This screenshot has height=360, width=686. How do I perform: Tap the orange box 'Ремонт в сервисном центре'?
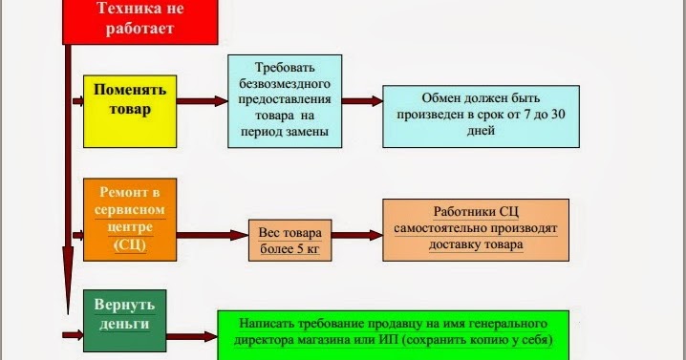(x=130, y=219)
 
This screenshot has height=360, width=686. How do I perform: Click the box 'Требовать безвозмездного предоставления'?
(x=286, y=99)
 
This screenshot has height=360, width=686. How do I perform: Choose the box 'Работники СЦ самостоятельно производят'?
(x=476, y=228)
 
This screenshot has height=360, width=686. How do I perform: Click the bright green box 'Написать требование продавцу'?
(x=393, y=333)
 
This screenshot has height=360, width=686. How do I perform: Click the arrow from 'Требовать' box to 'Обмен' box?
(x=363, y=100)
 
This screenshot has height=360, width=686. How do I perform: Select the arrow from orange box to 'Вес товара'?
(x=212, y=234)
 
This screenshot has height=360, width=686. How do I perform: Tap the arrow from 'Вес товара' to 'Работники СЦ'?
(x=357, y=232)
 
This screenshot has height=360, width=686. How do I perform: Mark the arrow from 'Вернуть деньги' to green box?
(x=190, y=334)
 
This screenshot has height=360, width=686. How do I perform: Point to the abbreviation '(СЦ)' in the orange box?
(x=130, y=245)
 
